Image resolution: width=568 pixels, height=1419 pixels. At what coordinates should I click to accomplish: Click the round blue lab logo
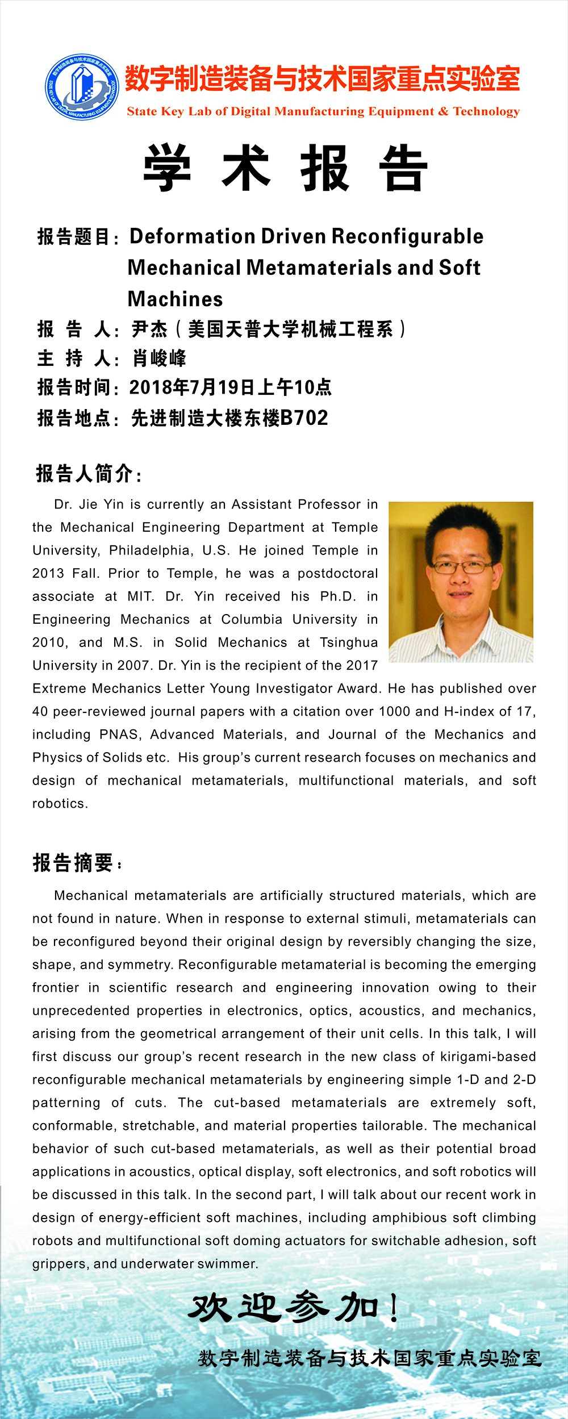click(82, 87)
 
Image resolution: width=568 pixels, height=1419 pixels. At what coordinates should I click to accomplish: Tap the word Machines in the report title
click(175, 299)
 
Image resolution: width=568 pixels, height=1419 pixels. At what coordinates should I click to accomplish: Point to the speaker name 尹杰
click(149, 329)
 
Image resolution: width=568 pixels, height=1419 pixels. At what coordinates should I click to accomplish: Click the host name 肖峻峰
click(159, 358)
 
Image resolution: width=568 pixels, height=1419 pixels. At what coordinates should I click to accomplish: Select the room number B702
click(304, 418)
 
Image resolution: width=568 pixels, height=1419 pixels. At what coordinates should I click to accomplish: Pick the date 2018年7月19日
click(193, 387)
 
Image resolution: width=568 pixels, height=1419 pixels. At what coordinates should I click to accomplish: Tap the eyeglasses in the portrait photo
click(462, 566)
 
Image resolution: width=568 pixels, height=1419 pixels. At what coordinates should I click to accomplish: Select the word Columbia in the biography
click(252, 619)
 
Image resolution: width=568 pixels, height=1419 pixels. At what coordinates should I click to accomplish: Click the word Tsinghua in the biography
click(349, 642)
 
